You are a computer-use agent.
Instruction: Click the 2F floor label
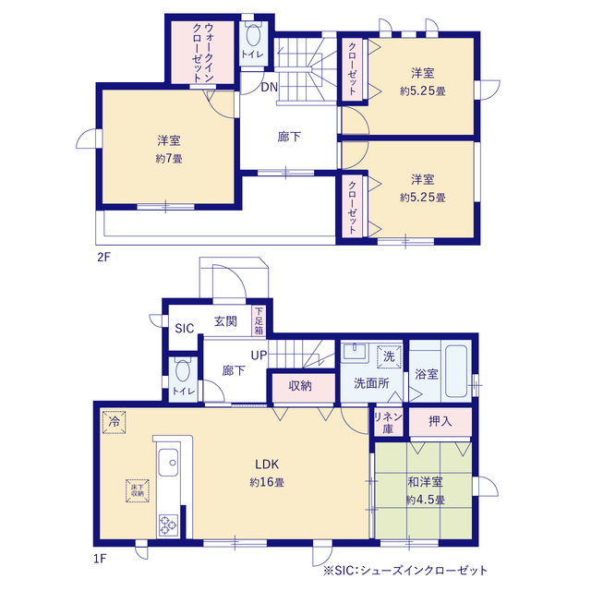click(103, 257)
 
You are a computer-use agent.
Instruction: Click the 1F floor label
click(100, 558)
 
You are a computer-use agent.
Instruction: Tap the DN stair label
click(269, 87)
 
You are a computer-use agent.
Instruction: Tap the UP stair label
click(259, 355)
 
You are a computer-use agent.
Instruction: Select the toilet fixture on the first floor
click(183, 371)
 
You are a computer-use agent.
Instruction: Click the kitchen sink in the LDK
click(168, 463)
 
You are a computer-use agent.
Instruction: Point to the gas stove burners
click(168, 525)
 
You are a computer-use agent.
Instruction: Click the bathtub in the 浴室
click(456, 371)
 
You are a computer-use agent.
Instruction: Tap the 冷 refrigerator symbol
click(114, 422)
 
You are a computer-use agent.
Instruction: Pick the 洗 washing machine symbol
click(389, 356)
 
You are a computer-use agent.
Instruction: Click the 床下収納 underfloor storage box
click(138, 490)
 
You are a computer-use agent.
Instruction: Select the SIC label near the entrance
click(185, 329)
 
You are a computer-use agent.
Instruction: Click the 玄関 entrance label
click(225, 321)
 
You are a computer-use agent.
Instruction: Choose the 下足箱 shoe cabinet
click(259, 320)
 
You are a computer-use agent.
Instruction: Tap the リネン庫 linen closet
click(388, 423)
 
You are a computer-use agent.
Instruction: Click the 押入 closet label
click(440, 421)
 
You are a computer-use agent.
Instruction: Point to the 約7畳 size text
click(169, 159)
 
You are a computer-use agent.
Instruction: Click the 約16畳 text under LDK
click(267, 482)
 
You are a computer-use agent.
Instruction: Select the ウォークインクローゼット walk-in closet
click(203, 53)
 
